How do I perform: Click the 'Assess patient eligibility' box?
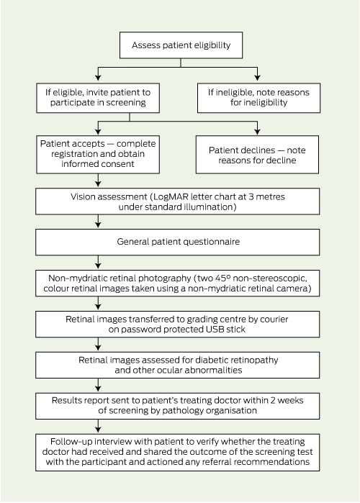tap(181, 45)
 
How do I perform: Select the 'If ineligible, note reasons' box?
tap(258, 98)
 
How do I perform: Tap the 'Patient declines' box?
tap(257, 155)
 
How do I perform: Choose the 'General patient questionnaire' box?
tap(177, 243)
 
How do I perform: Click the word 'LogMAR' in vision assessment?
tap(168, 196)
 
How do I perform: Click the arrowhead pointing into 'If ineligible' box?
tap(257, 78)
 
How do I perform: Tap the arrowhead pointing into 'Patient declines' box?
tap(257, 132)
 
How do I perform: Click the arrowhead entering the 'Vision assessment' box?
tap(98, 183)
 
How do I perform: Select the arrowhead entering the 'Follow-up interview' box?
tap(98, 429)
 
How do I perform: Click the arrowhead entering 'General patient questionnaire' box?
tap(98, 225)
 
